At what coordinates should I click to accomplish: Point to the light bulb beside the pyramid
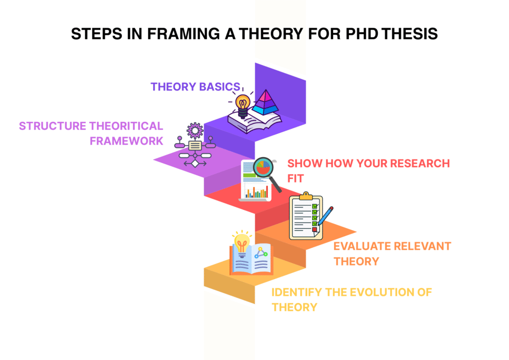pyautogui.click(x=243, y=105)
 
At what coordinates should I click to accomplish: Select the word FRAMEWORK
pyautogui.click(x=126, y=141)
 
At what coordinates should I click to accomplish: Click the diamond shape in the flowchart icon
pyautogui.click(x=195, y=163)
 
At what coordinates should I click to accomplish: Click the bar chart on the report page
pyautogui.click(x=256, y=191)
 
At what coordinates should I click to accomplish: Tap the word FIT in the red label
pyautogui.click(x=296, y=178)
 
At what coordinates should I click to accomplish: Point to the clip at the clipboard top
pyautogui.click(x=306, y=196)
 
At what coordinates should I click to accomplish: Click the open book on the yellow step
pyautogui.click(x=250, y=259)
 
